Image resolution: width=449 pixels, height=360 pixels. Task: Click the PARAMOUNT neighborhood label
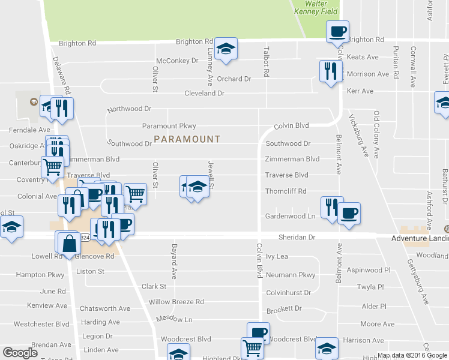[x=187, y=139]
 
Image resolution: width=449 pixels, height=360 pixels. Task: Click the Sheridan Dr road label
[x=297, y=237]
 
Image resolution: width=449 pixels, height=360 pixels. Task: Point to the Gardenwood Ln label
[x=290, y=216]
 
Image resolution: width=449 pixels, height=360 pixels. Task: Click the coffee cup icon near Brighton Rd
[x=337, y=31]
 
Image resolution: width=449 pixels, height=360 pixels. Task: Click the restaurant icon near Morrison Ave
[x=330, y=71]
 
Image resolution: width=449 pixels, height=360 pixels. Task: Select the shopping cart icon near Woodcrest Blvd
[x=252, y=347]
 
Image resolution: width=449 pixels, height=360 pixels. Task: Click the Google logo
[x=20, y=352]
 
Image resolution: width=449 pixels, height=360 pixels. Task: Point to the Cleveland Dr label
[x=204, y=94]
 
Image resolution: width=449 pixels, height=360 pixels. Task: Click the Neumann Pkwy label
[x=291, y=275]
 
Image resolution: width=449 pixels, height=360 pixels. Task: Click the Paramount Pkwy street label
[x=169, y=126]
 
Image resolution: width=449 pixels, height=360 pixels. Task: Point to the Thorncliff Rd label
[x=286, y=191]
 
